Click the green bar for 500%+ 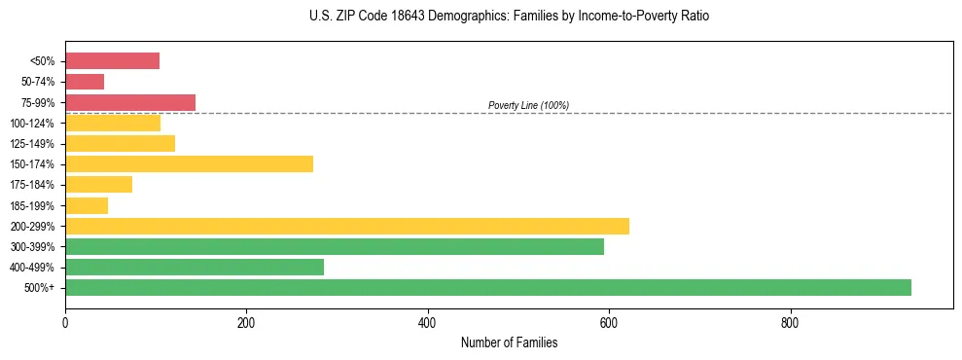coord(487,287)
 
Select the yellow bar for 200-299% coord(346,226)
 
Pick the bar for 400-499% coord(194,267)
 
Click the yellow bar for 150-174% coord(189,163)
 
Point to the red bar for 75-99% coord(129,102)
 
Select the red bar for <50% coord(112,61)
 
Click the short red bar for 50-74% coord(84,82)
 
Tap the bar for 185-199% coord(86,205)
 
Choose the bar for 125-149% coord(120,143)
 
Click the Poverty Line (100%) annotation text coord(528,105)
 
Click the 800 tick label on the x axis coord(790,321)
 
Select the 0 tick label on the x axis coord(65,321)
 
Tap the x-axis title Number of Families coord(509,342)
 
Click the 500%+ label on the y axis coord(40,288)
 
